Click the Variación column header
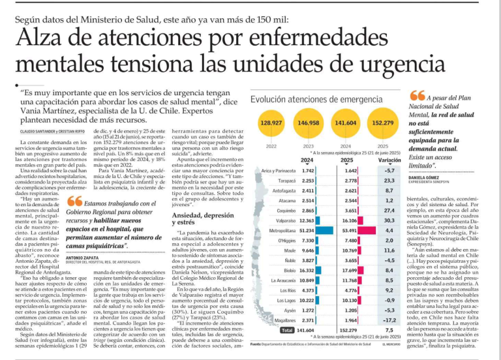coord(389,160)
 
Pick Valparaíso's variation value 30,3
coord(389,220)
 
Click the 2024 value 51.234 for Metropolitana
coord(307,230)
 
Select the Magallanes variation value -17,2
coord(389,320)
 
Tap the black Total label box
coord(287,330)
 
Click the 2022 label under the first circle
coord(271,145)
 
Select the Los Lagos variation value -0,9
coord(389,300)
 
